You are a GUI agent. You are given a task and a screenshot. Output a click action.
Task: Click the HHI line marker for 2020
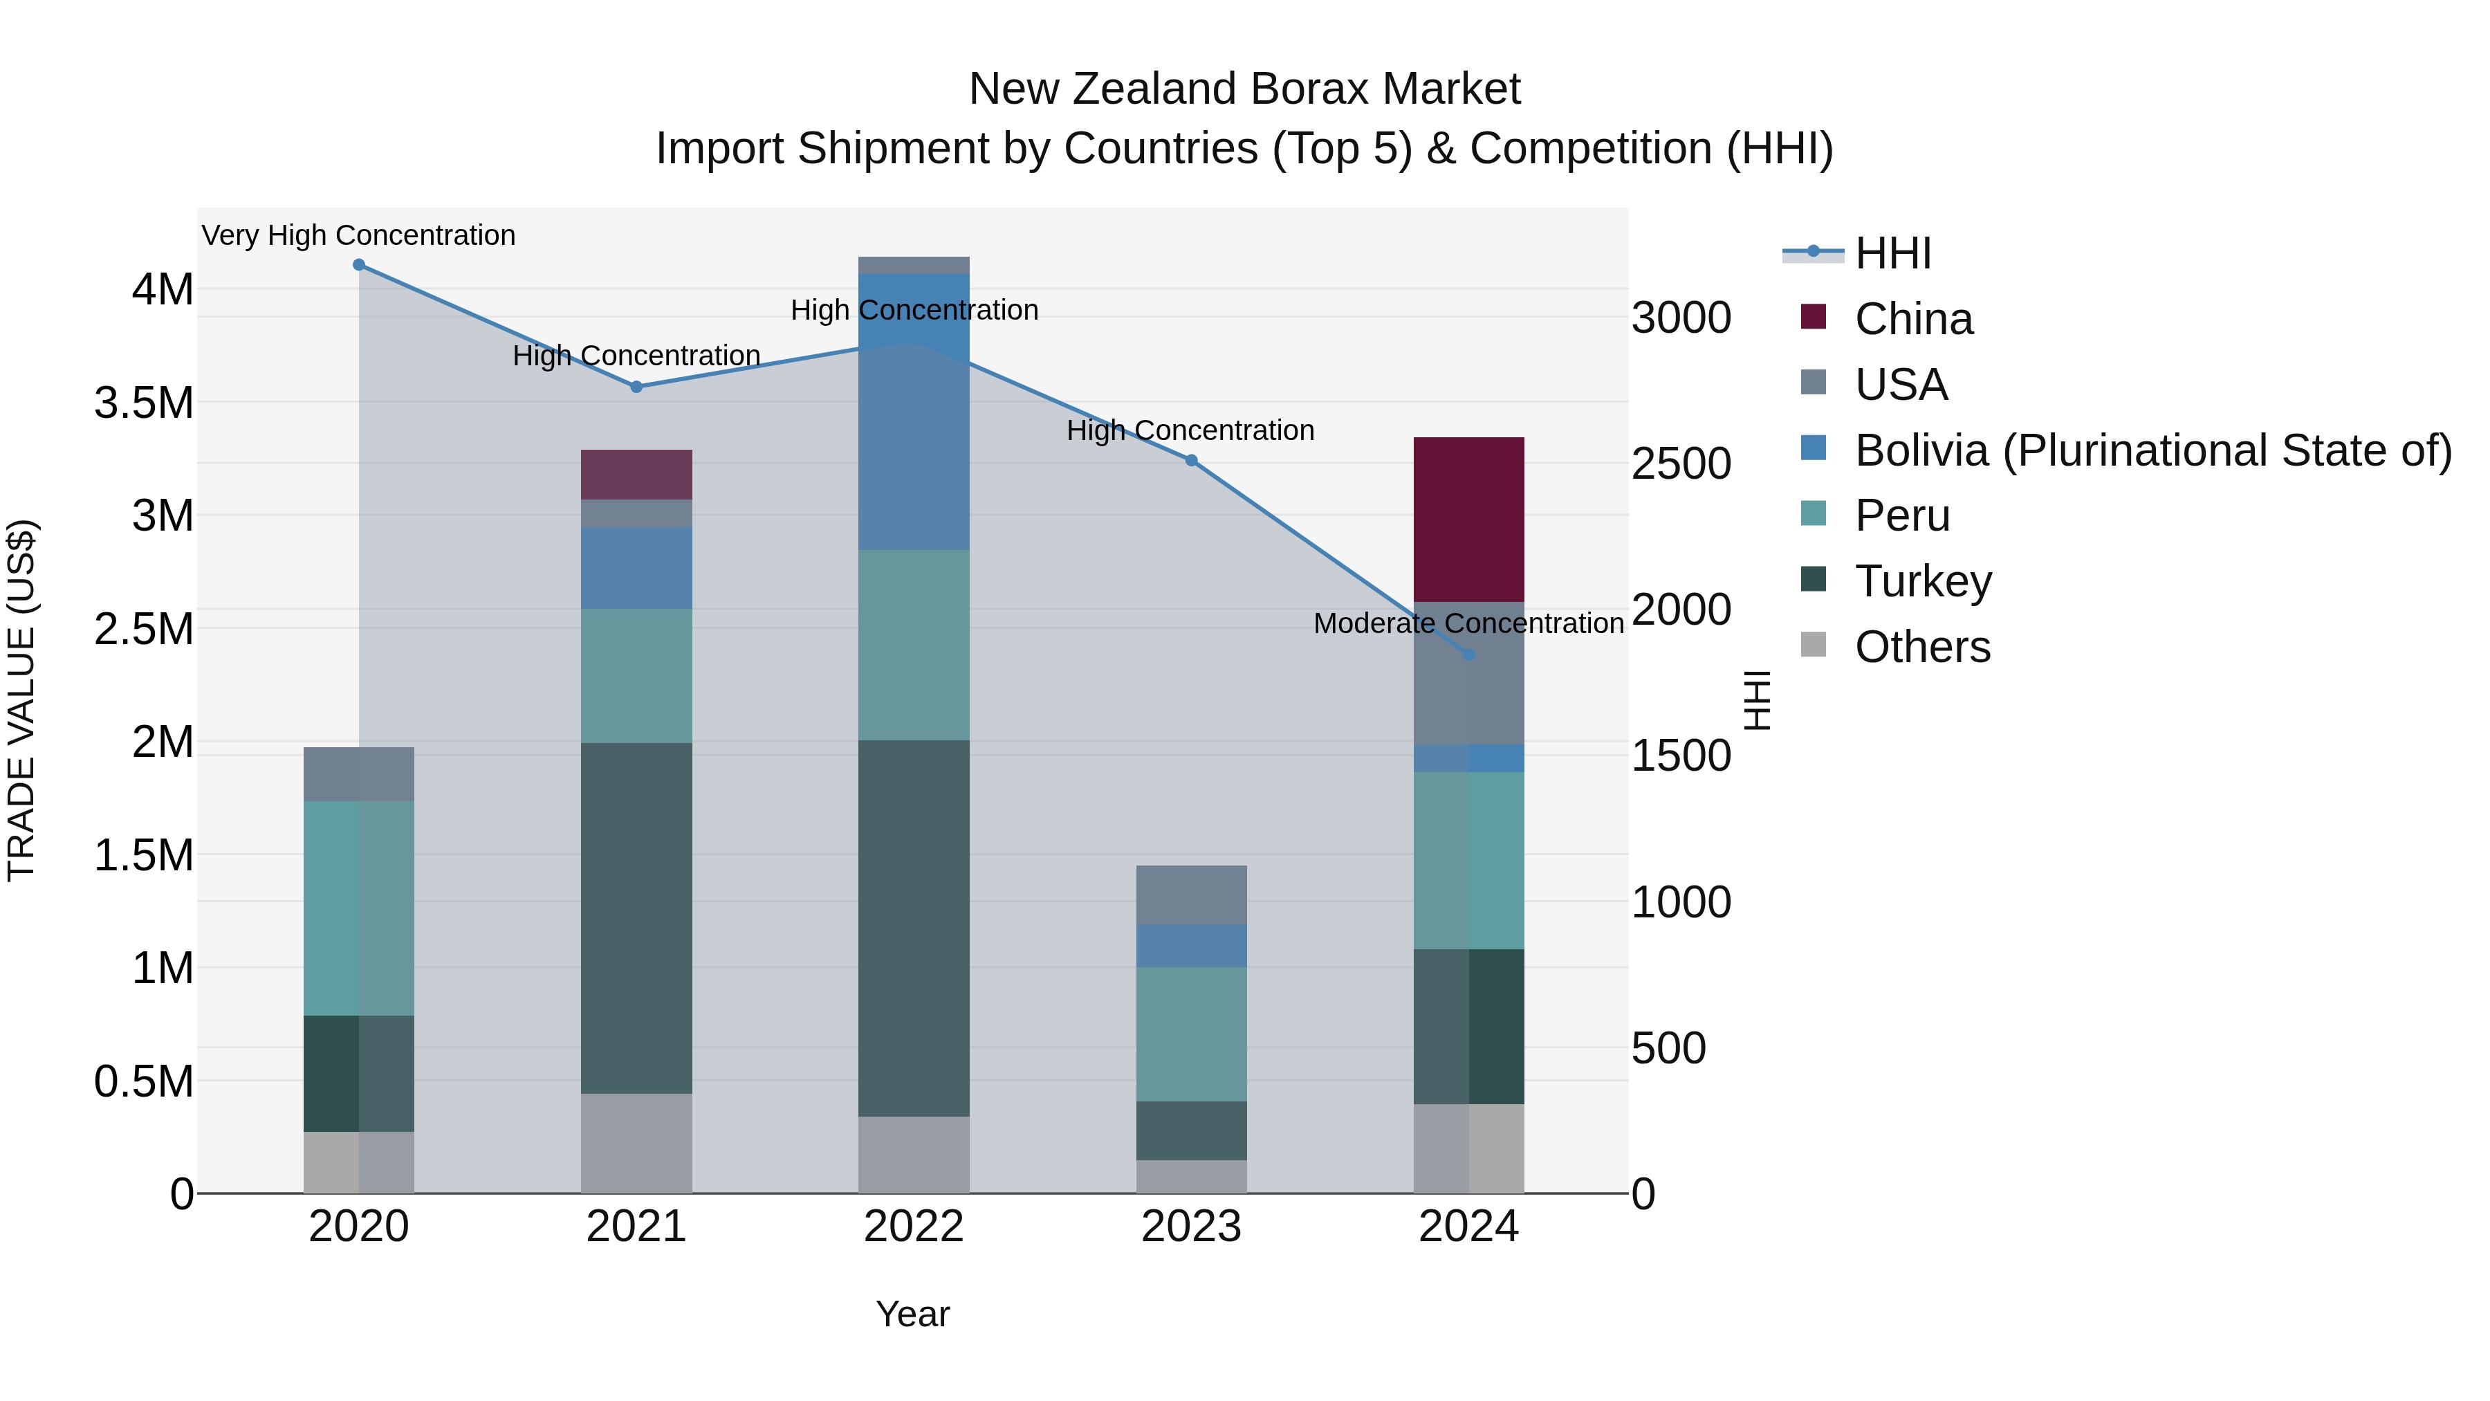(358, 265)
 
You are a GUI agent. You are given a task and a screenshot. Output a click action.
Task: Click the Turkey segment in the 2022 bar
(914, 928)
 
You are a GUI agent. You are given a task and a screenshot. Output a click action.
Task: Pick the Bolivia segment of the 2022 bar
(914, 412)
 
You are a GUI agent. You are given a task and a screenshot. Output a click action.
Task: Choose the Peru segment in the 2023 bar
(1191, 1034)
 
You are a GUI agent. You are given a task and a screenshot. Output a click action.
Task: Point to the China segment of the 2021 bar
(636, 474)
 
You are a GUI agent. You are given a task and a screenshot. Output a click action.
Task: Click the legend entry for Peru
(1901, 515)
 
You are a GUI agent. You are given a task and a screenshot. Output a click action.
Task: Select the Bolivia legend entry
(2152, 450)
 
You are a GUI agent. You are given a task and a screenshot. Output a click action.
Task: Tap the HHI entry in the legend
(1892, 253)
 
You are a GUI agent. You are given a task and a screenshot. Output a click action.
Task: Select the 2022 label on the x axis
(914, 1227)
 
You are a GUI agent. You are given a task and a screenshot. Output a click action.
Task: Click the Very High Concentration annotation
(358, 235)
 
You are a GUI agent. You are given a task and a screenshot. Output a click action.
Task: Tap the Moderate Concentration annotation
(1468, 623)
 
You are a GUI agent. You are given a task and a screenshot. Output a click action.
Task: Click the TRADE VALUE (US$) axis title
(21, 700)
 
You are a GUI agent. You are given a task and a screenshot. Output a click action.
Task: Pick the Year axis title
(912, 1314)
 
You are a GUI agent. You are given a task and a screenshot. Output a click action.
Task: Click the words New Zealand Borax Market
(1244, 89)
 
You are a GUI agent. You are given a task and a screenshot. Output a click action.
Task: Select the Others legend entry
(1921, 647)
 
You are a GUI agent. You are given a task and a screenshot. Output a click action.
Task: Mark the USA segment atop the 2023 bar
(1191, 895)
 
